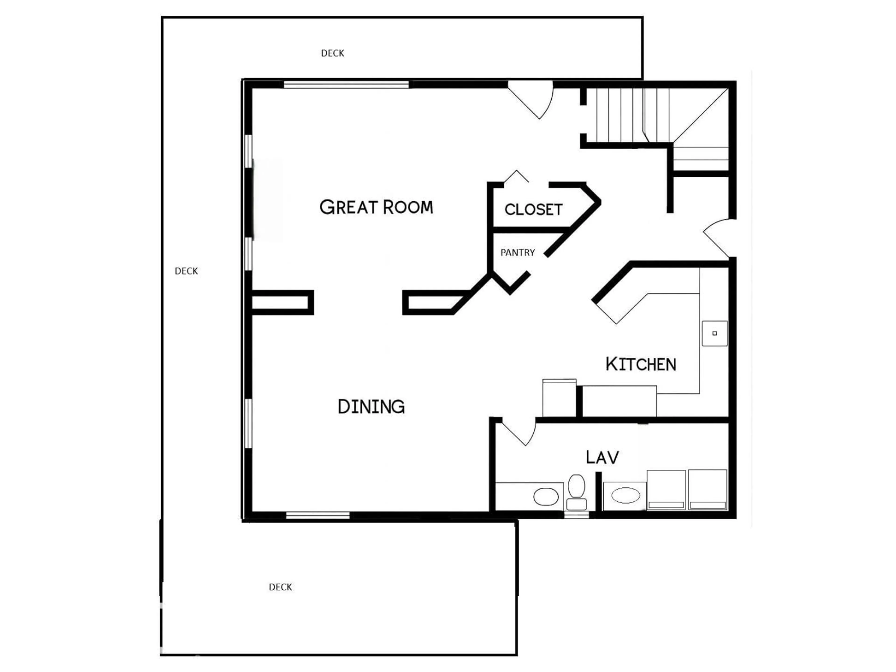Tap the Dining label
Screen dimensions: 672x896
pyautogui.click(x=371, y=407)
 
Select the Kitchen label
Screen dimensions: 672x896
pyautogui.click(x=641, y=364)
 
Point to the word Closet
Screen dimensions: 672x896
pyautogui.click(x=533, y=210)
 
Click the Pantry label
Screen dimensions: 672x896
pyautogui.click(x=518, y=253)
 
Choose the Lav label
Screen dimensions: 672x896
pyautogui.click(x=602, y=457)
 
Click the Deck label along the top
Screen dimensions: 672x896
pyautogui.click(x=332, y=53)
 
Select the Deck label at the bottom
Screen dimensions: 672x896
pyautogui.click(x=280, y=587)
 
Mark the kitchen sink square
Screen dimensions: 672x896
pyautogui.click(x=714, y=333)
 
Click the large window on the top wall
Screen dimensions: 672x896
pyautogui.click(x=346, y=85)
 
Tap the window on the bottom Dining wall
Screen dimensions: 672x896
pyautogui.click(x=318, y=515)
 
